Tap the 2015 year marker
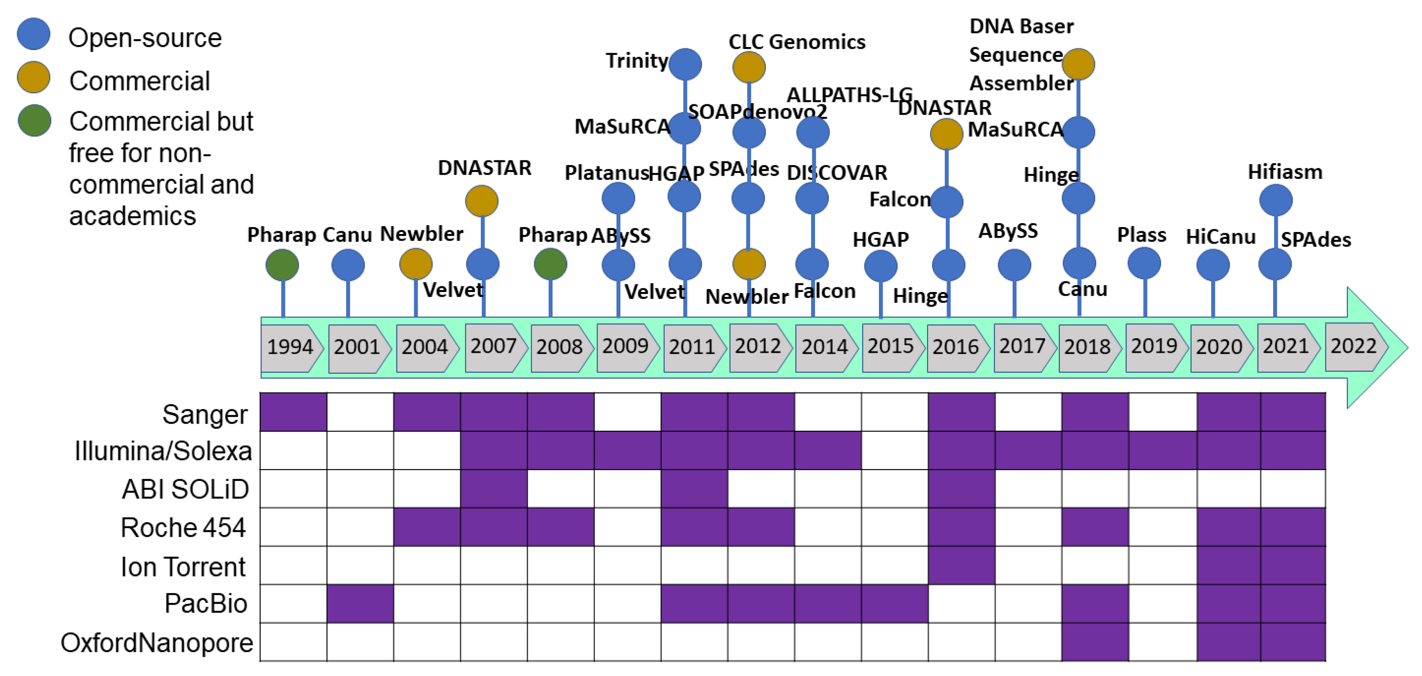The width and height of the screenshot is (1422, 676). [x=890, y=346]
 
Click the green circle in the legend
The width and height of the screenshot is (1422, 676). [x=34, y=120]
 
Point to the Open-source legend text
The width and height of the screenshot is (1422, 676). [x=145, y=38]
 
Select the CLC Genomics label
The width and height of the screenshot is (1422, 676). [x=797, y=42]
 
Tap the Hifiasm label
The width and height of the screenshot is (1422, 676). [x=1285, y=172]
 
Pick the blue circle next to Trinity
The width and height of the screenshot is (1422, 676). [x=685, y=64]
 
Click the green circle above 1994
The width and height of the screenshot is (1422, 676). [x=282, y=265]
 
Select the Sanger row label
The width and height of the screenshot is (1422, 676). [x=205, y=414]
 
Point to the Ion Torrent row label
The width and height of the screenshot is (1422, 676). [x=183, y=567]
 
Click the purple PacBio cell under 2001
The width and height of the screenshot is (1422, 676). [x=360, y=604]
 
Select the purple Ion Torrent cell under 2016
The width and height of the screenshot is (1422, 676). [x=961, y=565]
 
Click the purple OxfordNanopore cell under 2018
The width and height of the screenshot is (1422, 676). [x=1095, y=642]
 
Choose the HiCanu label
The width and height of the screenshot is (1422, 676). [x=1220, y=237]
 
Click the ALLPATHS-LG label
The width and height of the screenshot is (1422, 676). [x=849, y=95]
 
